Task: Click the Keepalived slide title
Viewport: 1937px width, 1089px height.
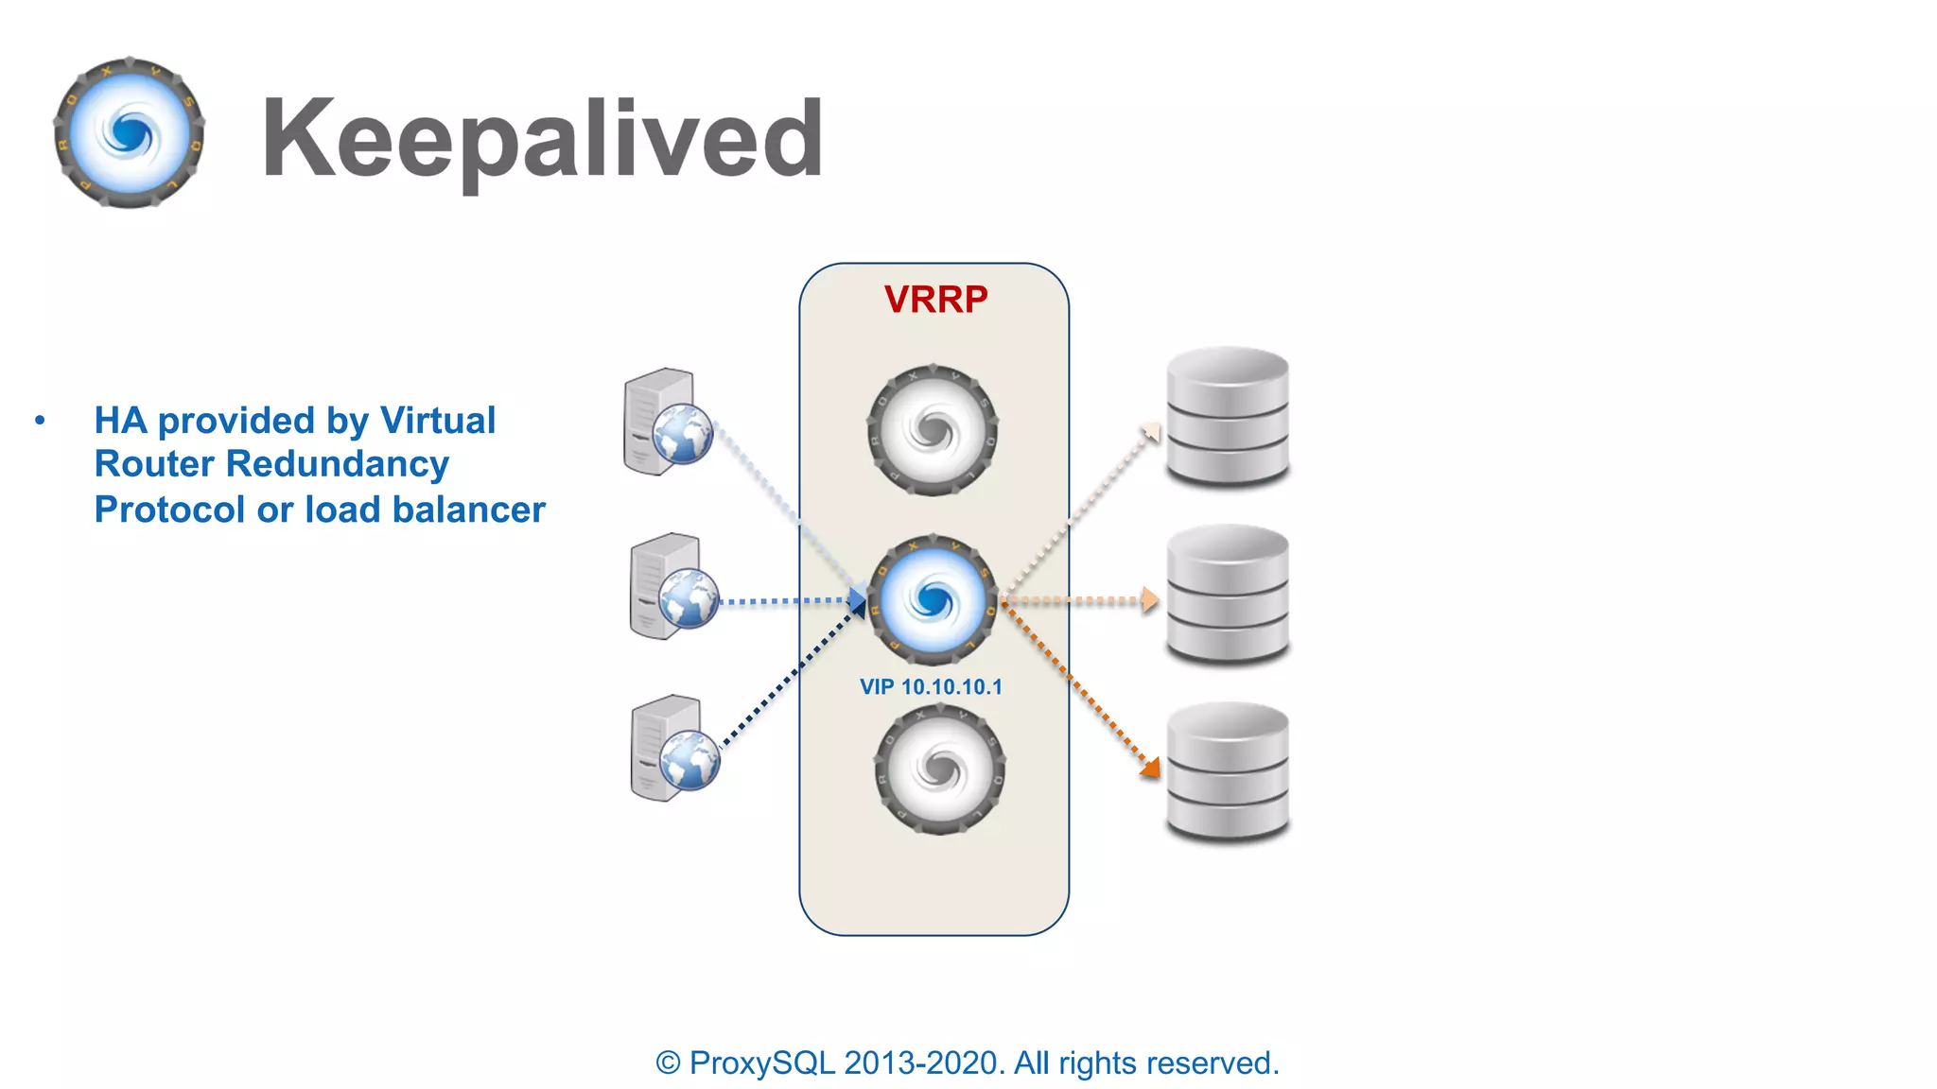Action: (x=542, y=140)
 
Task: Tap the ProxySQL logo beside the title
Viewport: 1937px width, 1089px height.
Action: (x=130, y=133)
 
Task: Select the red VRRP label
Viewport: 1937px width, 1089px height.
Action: (x=935, y=300)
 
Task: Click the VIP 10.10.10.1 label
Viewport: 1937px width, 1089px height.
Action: (x=931, y=687)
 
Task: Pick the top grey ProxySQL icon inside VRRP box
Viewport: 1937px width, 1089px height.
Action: (x=933, y=430)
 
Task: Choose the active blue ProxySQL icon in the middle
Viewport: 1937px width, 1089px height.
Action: (x=933, y=598)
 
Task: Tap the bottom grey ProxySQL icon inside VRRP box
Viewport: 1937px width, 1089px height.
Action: (x=939, y=769)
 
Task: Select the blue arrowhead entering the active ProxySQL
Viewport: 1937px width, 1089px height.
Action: (x=857, y=600)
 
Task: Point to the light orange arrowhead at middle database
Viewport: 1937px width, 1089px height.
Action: (x=1149, y=599)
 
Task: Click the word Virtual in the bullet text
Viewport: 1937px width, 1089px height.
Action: (x=437, y=421)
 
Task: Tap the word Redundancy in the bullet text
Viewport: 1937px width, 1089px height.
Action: (x=338, y=464)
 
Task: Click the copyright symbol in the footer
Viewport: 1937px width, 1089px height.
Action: (x=668, y=1063)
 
